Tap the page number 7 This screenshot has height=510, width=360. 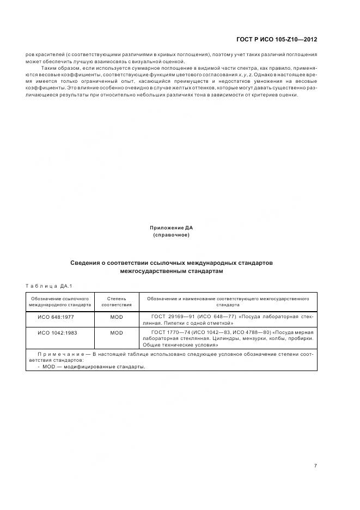[x=315, y=466]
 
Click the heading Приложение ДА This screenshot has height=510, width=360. [x=172, y=227]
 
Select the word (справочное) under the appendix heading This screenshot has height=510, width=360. [x=172, y=235]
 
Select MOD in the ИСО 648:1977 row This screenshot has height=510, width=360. [x=117, y=317]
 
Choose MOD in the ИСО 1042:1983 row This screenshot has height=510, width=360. [x=117, y=332]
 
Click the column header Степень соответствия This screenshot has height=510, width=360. [x=117, y=302]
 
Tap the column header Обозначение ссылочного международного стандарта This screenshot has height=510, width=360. [x=60, y=302]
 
